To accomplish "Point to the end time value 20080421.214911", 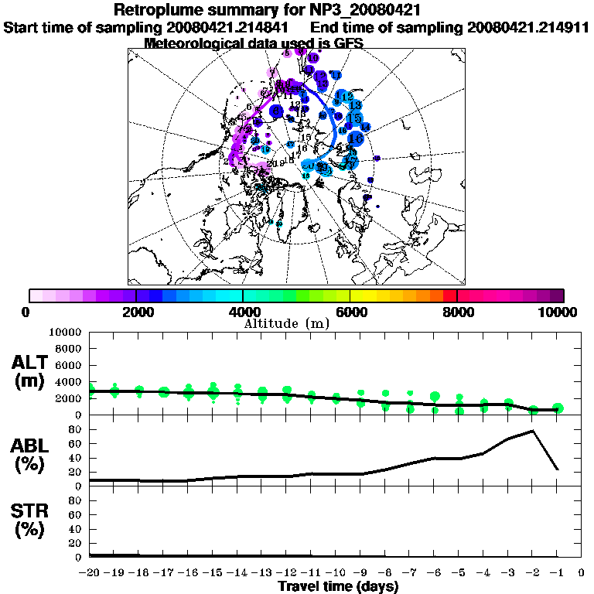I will click(x=528, y=27).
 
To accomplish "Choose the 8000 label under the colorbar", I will click(x=457, y=312).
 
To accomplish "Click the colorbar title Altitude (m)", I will click(x=286, y=323).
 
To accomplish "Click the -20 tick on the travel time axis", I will click(x=90, y=572).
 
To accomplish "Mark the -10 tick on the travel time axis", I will click(x=336, y=572).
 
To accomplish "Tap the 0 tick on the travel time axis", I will click(x=582, y=572).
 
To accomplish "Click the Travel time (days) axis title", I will click(x=338, y=586).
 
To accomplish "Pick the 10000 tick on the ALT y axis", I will click(x=65, y=332).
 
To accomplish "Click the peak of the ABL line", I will click(x=533, y=431).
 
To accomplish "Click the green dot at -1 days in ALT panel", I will click(x=558, y=408).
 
